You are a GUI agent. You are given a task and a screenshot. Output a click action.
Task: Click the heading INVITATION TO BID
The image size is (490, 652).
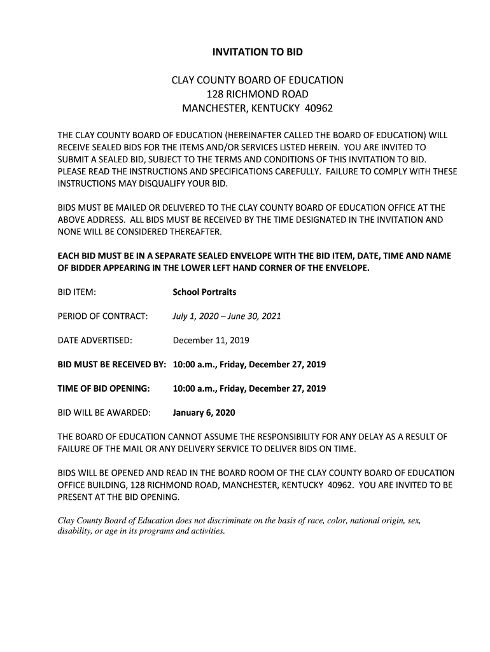[257, 52]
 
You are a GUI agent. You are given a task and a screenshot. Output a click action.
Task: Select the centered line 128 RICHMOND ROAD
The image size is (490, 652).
[257, 94]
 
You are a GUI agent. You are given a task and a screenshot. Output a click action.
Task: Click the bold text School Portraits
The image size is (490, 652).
[204, 292]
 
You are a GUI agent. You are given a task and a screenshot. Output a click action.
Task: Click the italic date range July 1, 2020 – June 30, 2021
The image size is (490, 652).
[227, 316]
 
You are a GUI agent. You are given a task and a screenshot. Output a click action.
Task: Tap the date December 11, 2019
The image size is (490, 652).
[211, 340]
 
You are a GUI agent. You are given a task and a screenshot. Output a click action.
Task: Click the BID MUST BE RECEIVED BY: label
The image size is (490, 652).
[111, 364]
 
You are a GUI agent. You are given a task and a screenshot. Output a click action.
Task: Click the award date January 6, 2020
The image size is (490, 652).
[204, 413]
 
